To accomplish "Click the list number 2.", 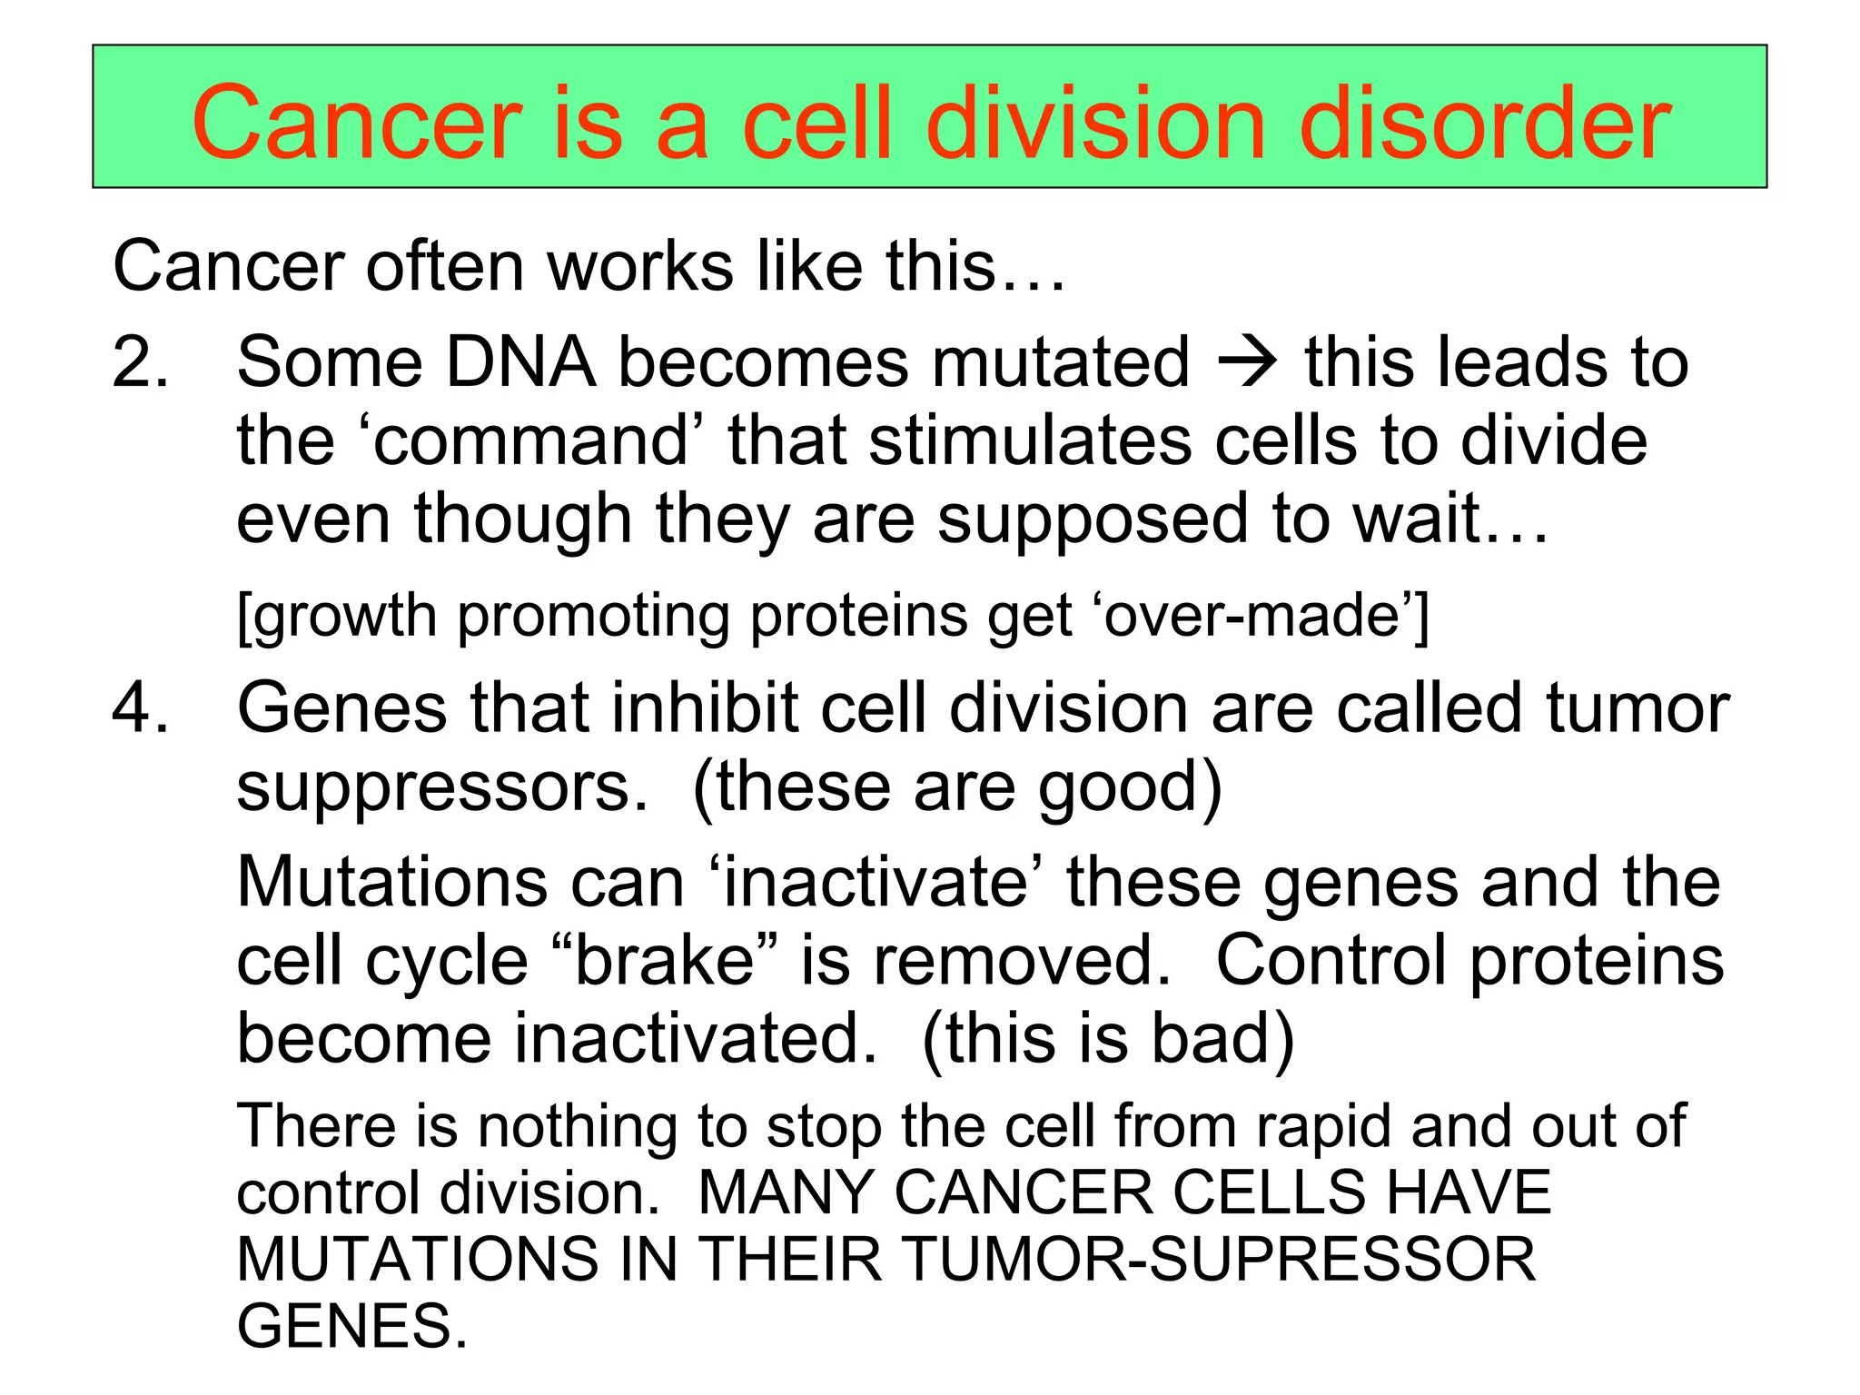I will click(x=140, y=362).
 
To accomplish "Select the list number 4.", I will click(x=140, y=708).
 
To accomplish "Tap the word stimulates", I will click(x=1029, y=441).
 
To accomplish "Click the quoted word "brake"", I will click(x=665, y=961).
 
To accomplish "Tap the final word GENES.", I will click(x=351, y=1326).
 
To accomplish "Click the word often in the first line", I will click(x=445, y=267).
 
